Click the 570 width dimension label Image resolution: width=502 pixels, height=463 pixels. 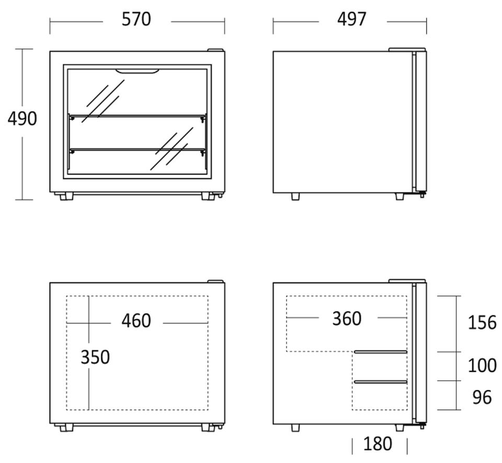pos(136,19)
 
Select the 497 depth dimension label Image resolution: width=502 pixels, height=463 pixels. pos(351,19)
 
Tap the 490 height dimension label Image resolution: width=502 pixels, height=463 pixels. pos(22,119)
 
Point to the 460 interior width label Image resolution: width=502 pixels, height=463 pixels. pos(136,321)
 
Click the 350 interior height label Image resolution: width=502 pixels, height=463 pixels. pos(95,357)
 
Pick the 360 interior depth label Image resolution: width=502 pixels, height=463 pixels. pos(347,319)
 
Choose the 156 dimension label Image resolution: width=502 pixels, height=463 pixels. pos(482,323)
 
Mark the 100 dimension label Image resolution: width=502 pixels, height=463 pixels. pos(482,366)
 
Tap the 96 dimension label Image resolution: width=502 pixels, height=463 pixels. pos(482,398)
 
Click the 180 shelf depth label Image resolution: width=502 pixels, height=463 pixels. pos(378,444)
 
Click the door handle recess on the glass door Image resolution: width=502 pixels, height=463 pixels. pos(138,71)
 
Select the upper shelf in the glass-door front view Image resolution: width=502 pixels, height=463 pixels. pos(138,116)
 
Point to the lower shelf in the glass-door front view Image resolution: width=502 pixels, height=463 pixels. pos(138,150)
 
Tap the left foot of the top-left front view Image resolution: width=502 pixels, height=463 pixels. pos(66,196)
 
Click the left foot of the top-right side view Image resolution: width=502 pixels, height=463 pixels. pos(295,196)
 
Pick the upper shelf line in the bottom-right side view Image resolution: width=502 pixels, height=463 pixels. pos(380,352)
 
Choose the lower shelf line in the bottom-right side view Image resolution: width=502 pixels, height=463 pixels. pos(380,382)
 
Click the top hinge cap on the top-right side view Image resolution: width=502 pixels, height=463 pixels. pos(407,50)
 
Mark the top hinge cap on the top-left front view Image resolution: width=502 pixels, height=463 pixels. pos(216,50)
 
